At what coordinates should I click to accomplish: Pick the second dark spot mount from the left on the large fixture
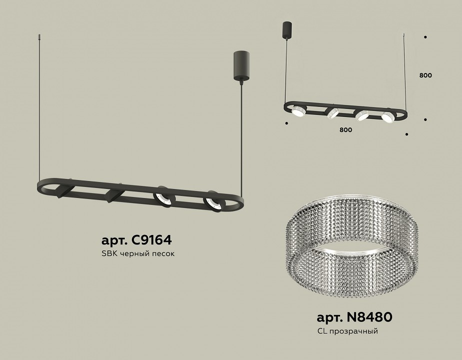[114, 194]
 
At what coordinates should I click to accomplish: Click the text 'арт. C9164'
[136, 240]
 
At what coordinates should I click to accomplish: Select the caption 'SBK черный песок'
[138, 254]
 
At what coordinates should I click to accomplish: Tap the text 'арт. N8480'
[354, 317]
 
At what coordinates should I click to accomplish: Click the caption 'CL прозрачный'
[348, 331]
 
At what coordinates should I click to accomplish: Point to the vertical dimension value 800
[425, 75]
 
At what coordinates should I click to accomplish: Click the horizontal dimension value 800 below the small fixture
[346, 129]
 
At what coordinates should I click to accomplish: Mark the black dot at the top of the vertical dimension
[425, 37]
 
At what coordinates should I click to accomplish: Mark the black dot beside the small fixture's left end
[286, 123]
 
